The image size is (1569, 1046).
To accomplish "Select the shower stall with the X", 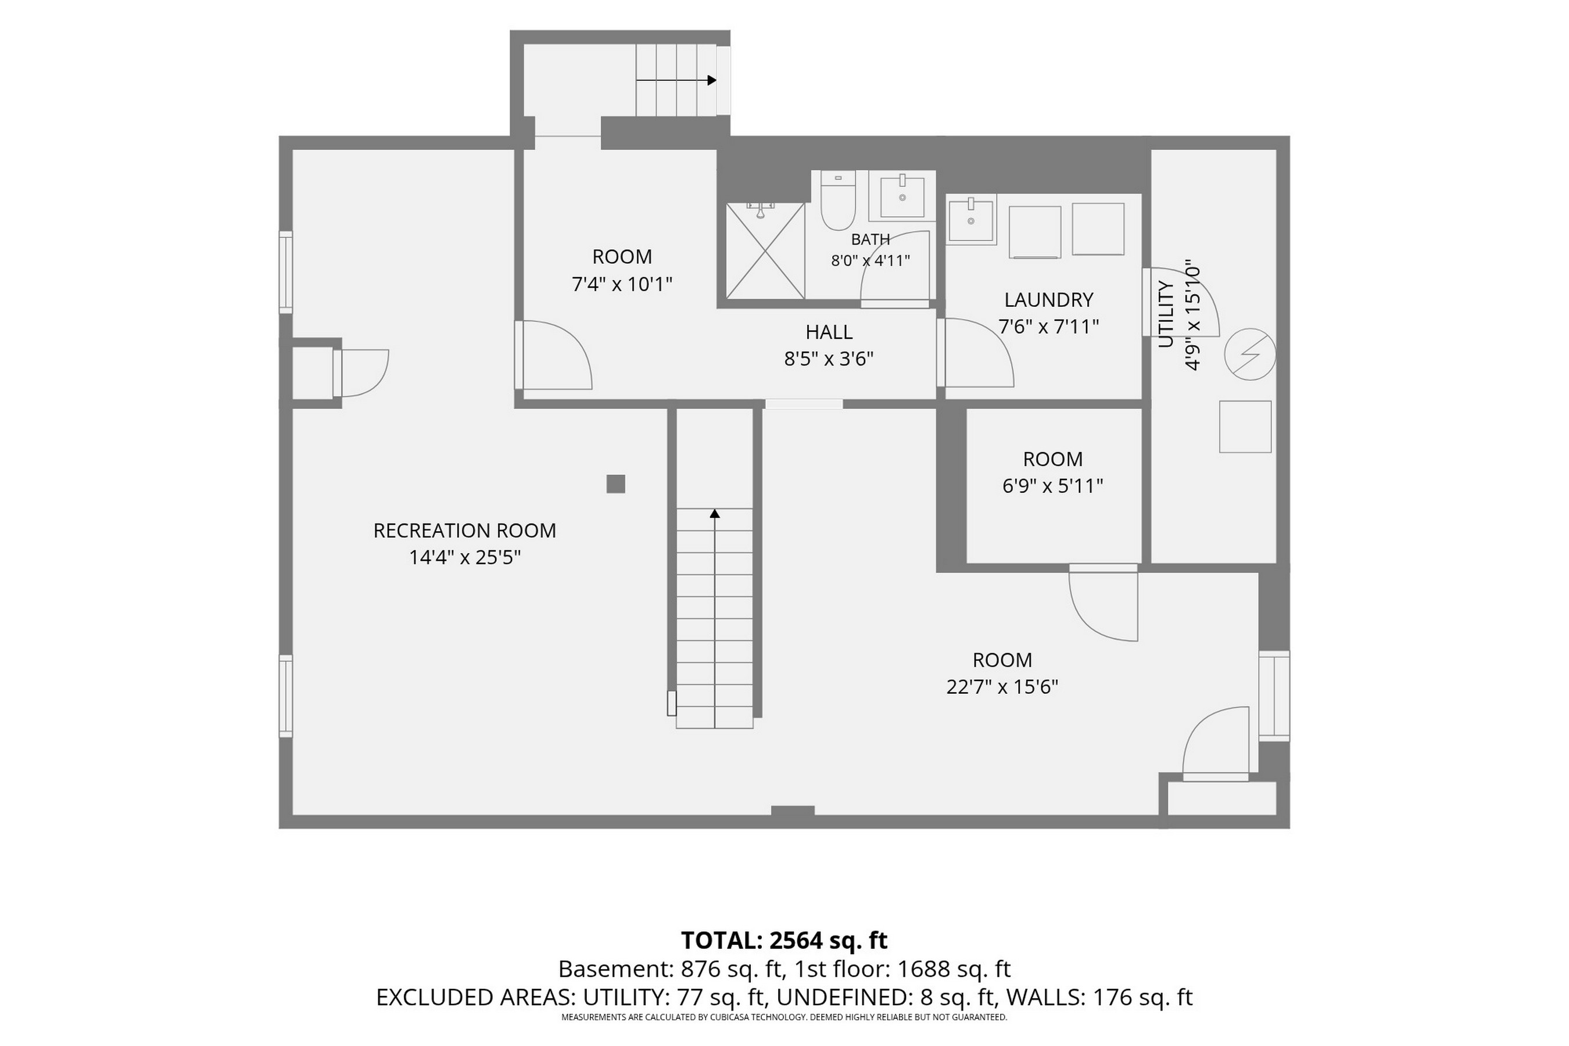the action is pos(765,251).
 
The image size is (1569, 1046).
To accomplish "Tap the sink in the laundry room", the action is pos(970,220).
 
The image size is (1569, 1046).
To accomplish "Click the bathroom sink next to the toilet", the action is pos(902,196).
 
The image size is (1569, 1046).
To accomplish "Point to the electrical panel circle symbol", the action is pos(1250,354).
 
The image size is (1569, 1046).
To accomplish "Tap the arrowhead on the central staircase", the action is pos(714,513).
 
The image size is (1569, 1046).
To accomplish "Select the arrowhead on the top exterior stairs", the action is pos(712,80).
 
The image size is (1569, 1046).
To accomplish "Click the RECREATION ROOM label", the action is pos(464,531).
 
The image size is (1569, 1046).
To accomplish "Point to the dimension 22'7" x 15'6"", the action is pos(1002,686).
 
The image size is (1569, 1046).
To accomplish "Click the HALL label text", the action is pos(829,332).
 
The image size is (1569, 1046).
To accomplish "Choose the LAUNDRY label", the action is pos(1049,299).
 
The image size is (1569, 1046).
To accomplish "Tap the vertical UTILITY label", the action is pos(1165,314).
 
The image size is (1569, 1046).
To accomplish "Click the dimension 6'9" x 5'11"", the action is pos(1052,486).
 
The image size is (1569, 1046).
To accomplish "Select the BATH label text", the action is pos(871,239).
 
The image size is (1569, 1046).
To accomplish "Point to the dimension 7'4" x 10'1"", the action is pos(622,284).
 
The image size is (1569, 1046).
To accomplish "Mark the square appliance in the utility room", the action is pos(1245,427).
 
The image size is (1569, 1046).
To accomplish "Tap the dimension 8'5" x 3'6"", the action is pos(829,359).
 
